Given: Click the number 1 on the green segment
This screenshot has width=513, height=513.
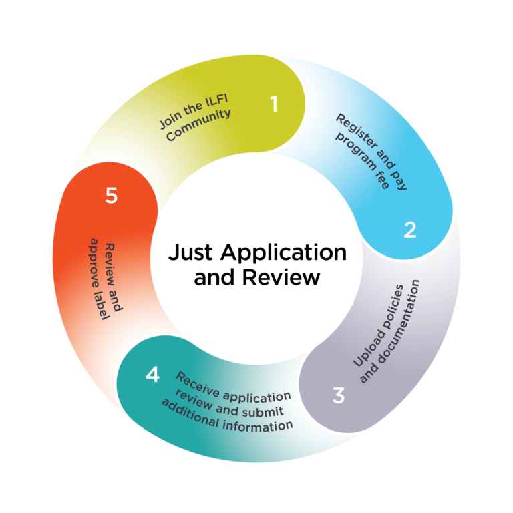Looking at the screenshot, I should pyautogui.click(x=273, y=104).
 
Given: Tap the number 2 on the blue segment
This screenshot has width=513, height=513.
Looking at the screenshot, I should pyautogui.click(x=410, y=230).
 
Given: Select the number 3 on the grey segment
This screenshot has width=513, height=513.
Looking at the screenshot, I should pyautogui.click(x=339, y=395).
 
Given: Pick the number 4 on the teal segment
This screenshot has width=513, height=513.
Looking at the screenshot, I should pyautogui.click(x=152, y=375).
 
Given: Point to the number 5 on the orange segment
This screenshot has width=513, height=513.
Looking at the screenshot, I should pyautogui.click(x=111, y=196).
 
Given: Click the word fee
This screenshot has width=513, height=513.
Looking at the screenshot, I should pyautogui.click(x=383, y=180).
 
